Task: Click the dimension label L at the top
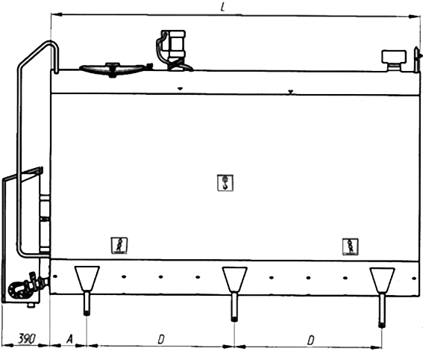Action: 222,7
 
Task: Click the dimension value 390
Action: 27,338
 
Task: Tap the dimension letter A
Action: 70,338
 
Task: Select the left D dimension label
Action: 161,340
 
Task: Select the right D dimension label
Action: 311,341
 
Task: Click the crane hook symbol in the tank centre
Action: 225,183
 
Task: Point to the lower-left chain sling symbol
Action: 119,246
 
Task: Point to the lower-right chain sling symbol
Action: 351,246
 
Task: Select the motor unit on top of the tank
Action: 173,50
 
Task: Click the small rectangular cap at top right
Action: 394,60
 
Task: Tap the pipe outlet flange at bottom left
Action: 16,291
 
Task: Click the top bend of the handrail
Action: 50,43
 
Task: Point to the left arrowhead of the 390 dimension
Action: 7,345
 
